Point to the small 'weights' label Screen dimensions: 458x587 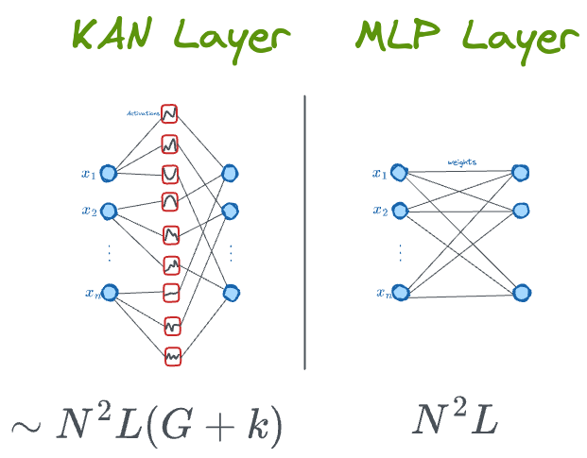pos(462,162)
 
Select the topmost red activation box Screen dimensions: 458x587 pos(170,113)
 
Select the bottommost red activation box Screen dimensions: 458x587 pos(172,356)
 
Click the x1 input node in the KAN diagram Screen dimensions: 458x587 pos(109,173)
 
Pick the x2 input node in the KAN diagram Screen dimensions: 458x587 pos(109,210)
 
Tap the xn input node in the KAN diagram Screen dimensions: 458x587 pos(109,293)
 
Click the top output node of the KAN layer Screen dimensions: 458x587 pos(230,174)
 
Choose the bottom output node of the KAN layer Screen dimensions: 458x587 pos(231,293)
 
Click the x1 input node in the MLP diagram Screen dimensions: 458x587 pos(401,173)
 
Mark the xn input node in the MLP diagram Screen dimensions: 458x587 pos(401,293)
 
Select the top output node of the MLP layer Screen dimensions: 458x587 pos(520,172)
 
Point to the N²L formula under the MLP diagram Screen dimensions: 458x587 pos(454,422)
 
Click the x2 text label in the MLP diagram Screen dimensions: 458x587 pos(379,211)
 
